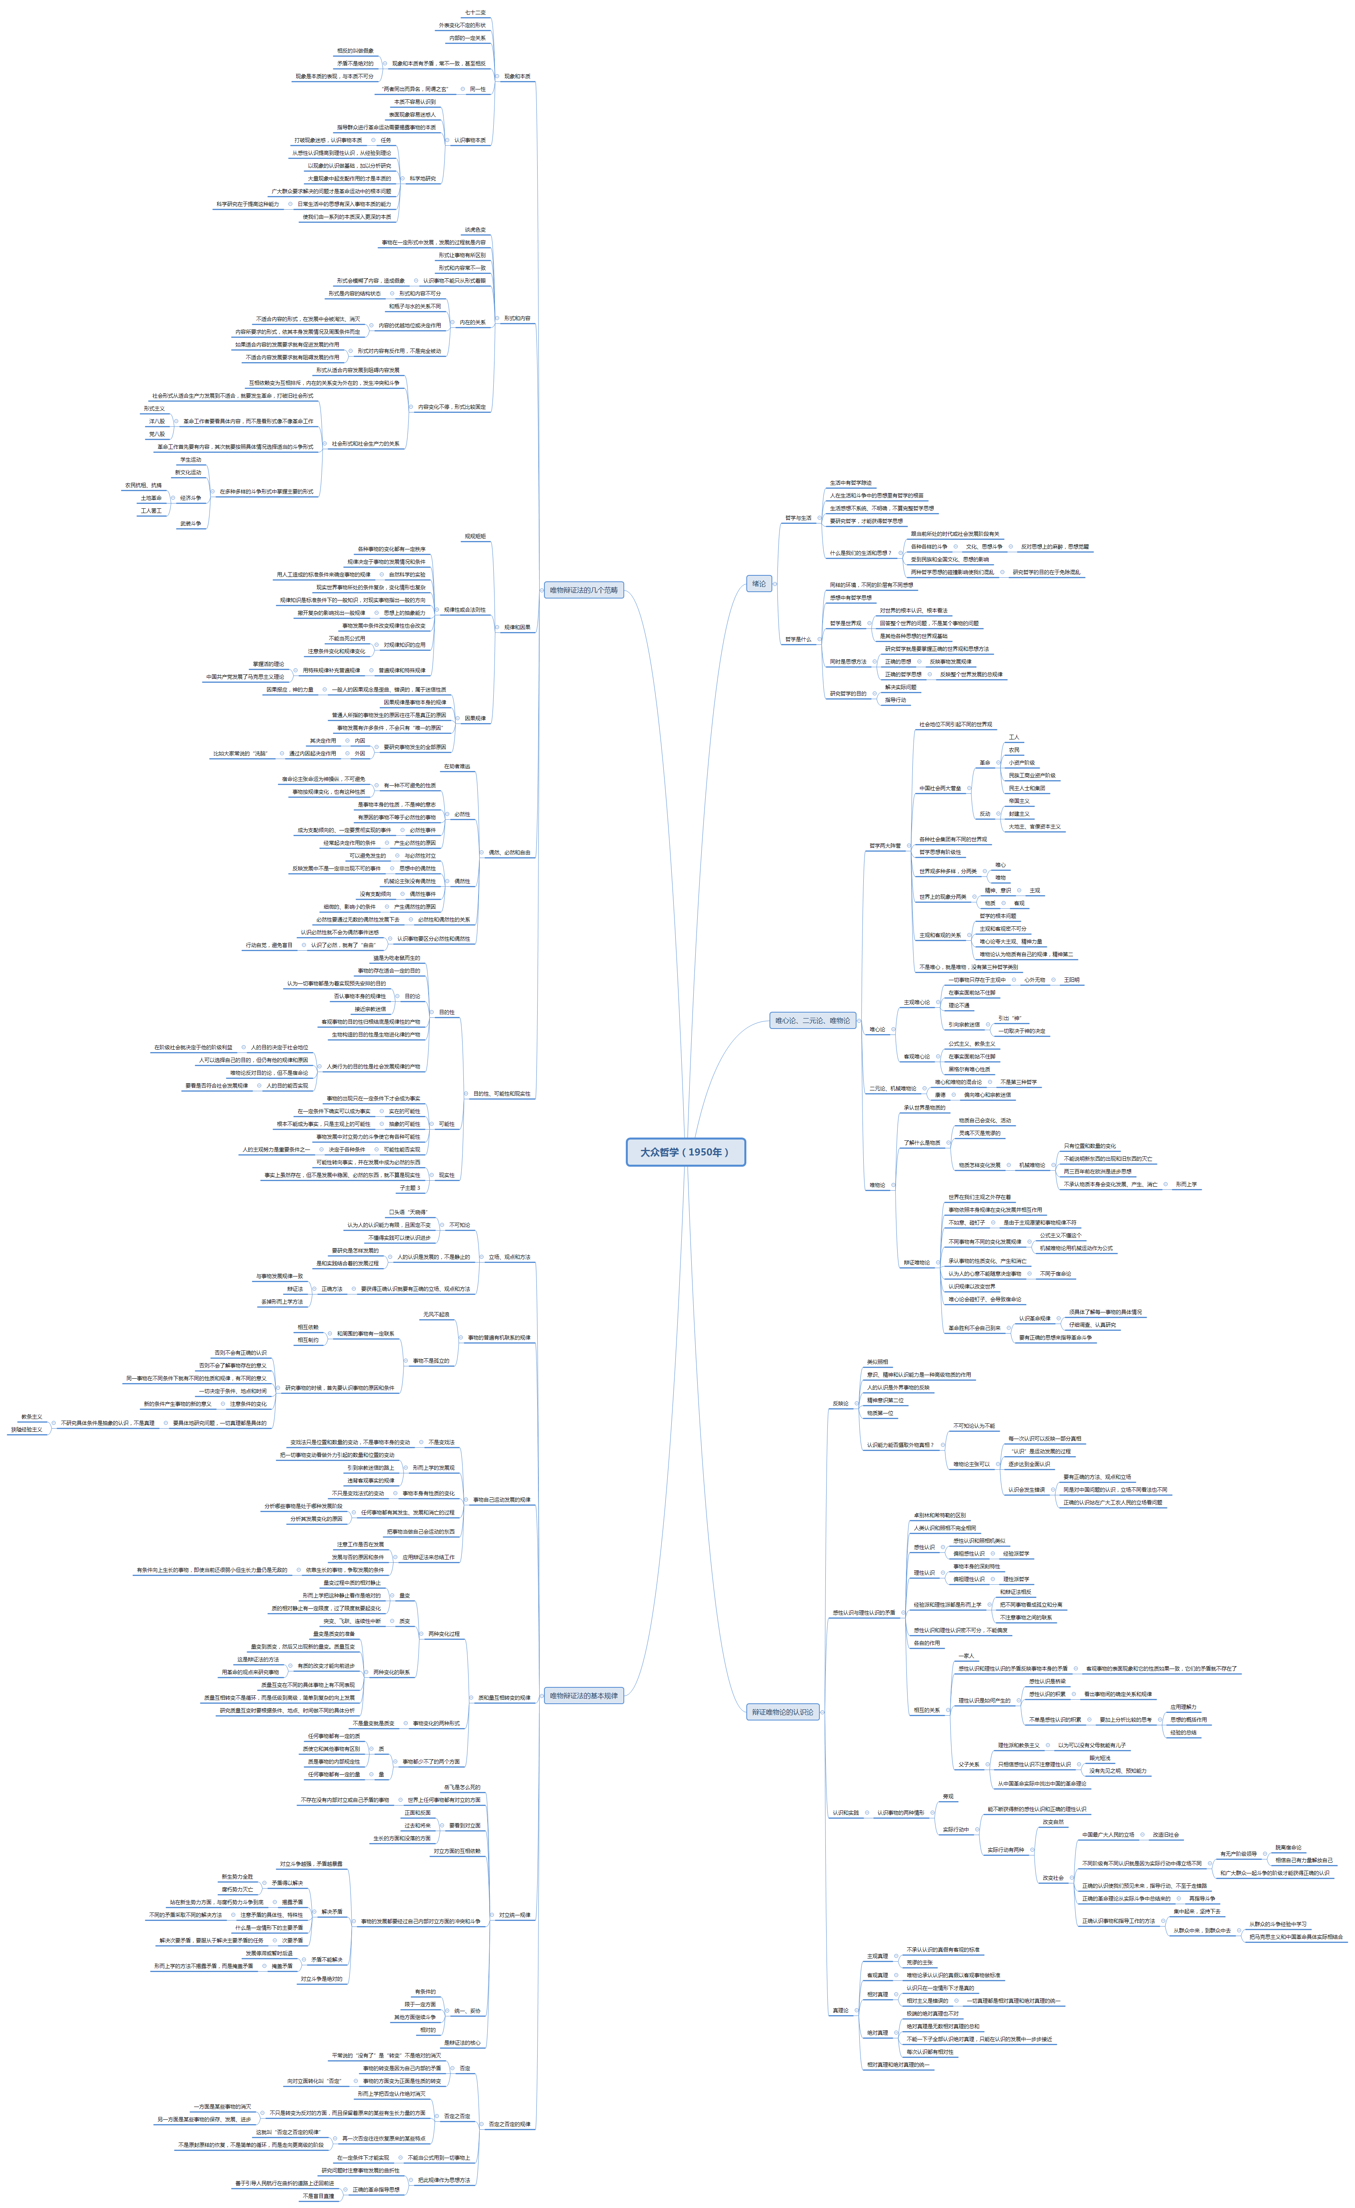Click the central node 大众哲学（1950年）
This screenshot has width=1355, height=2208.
pos(686,1152)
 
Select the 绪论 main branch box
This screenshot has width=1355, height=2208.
pos(759,584)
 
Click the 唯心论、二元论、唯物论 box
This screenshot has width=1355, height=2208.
pos(813,1020)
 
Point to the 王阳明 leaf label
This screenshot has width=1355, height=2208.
pos(1072,980)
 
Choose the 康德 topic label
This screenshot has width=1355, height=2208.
pos(940,1094)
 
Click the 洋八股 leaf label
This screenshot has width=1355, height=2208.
pos(157,420)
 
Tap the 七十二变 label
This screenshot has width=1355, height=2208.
pos(475,12)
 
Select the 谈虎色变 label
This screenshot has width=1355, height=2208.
pos(475,230)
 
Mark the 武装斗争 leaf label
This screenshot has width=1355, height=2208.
pos(190,523)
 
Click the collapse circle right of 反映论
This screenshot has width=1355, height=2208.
pos(856,1404)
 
